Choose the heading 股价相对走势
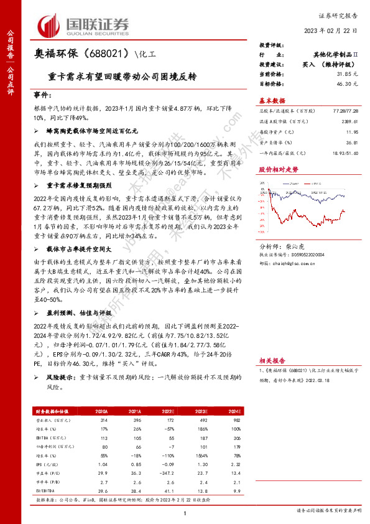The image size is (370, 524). [277, 169]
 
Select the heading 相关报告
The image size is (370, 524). [272, 360]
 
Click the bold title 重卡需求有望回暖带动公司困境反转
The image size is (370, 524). [122, 79]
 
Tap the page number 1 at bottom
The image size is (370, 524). [185, 512]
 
